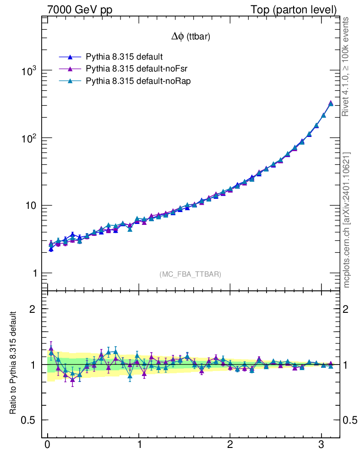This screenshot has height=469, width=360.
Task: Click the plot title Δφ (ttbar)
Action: tap(191, 37)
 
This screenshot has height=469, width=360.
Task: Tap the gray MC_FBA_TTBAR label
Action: tap(191, 274)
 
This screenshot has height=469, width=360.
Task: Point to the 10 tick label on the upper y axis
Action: tap(31, 206)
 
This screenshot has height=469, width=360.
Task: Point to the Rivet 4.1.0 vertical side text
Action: tap(347, 66)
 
